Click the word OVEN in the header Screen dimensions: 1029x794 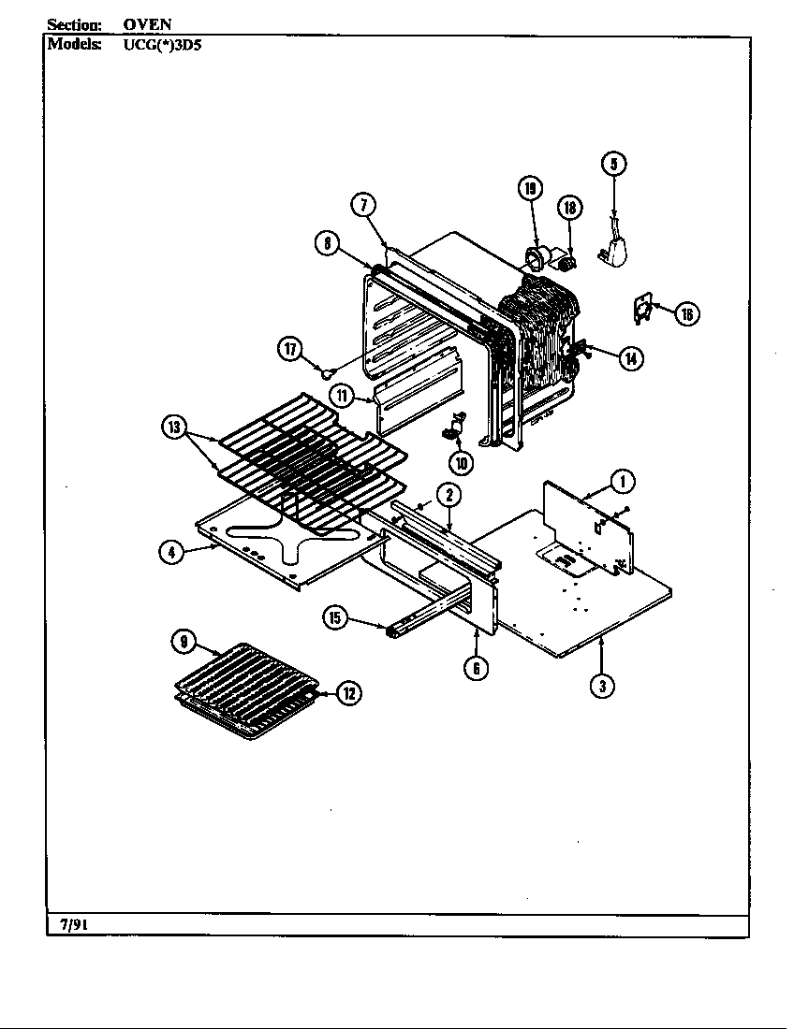[147, 24]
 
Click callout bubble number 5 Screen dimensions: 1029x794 [613, 164]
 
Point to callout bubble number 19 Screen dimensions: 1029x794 [530, 189]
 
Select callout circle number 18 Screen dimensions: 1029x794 [569, 208]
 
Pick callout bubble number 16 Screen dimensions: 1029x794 [686, 314]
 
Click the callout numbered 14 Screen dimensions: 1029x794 [633, 357]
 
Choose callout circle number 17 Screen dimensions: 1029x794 [290, 350]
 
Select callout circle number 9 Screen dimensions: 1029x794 [184, 642]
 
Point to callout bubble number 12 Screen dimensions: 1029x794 [349, 693]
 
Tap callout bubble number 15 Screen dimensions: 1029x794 [335, 616]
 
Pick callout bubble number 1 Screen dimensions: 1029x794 [622, 482]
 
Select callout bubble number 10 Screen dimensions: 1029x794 [460, 461]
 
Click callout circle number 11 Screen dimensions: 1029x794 [344, 396]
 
